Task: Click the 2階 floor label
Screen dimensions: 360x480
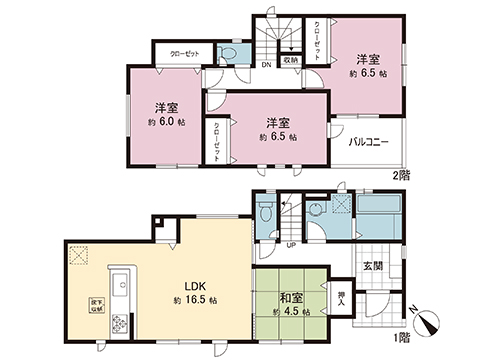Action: pyautogui.click(x=402, y=173)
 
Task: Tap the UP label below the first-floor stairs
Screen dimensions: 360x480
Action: pyautogui.click(x=290, y=244)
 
